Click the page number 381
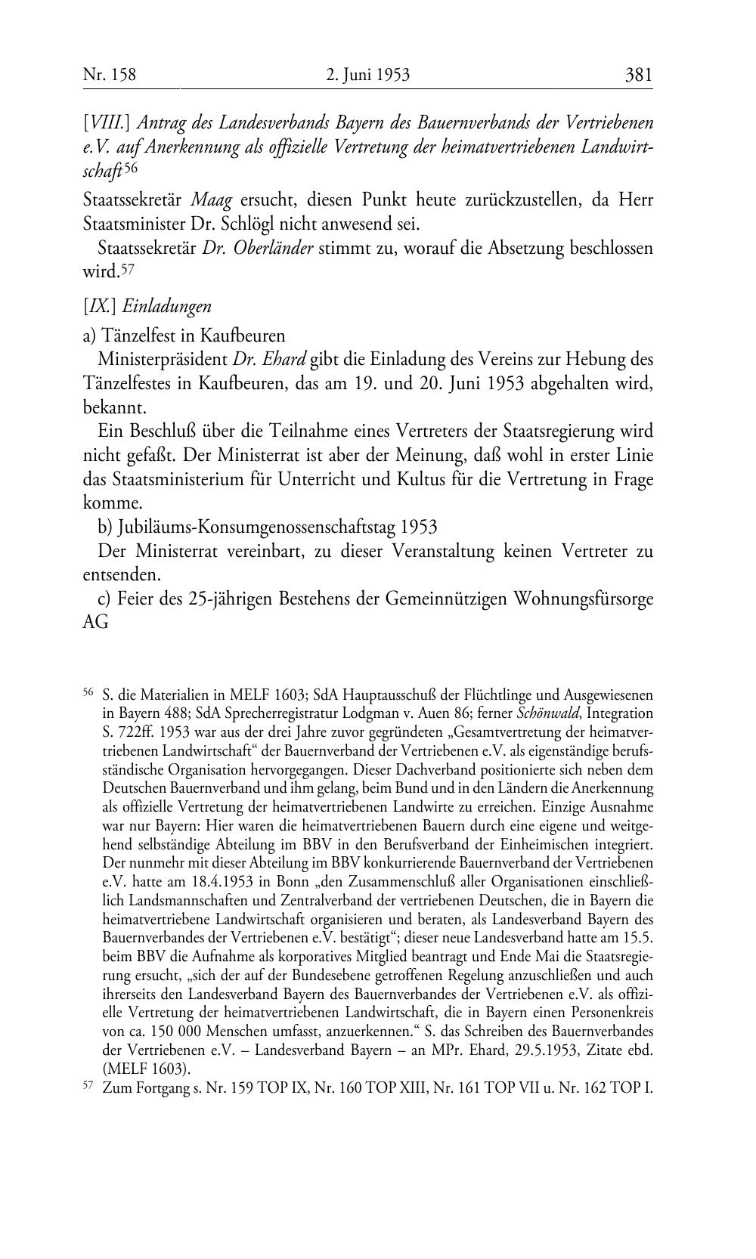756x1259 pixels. click(x=638, y=75)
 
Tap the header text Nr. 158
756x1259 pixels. click(x=109, y=75)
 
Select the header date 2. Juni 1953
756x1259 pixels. click(x=368, y=75)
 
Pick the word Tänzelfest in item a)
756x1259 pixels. click(x=135, y=336)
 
